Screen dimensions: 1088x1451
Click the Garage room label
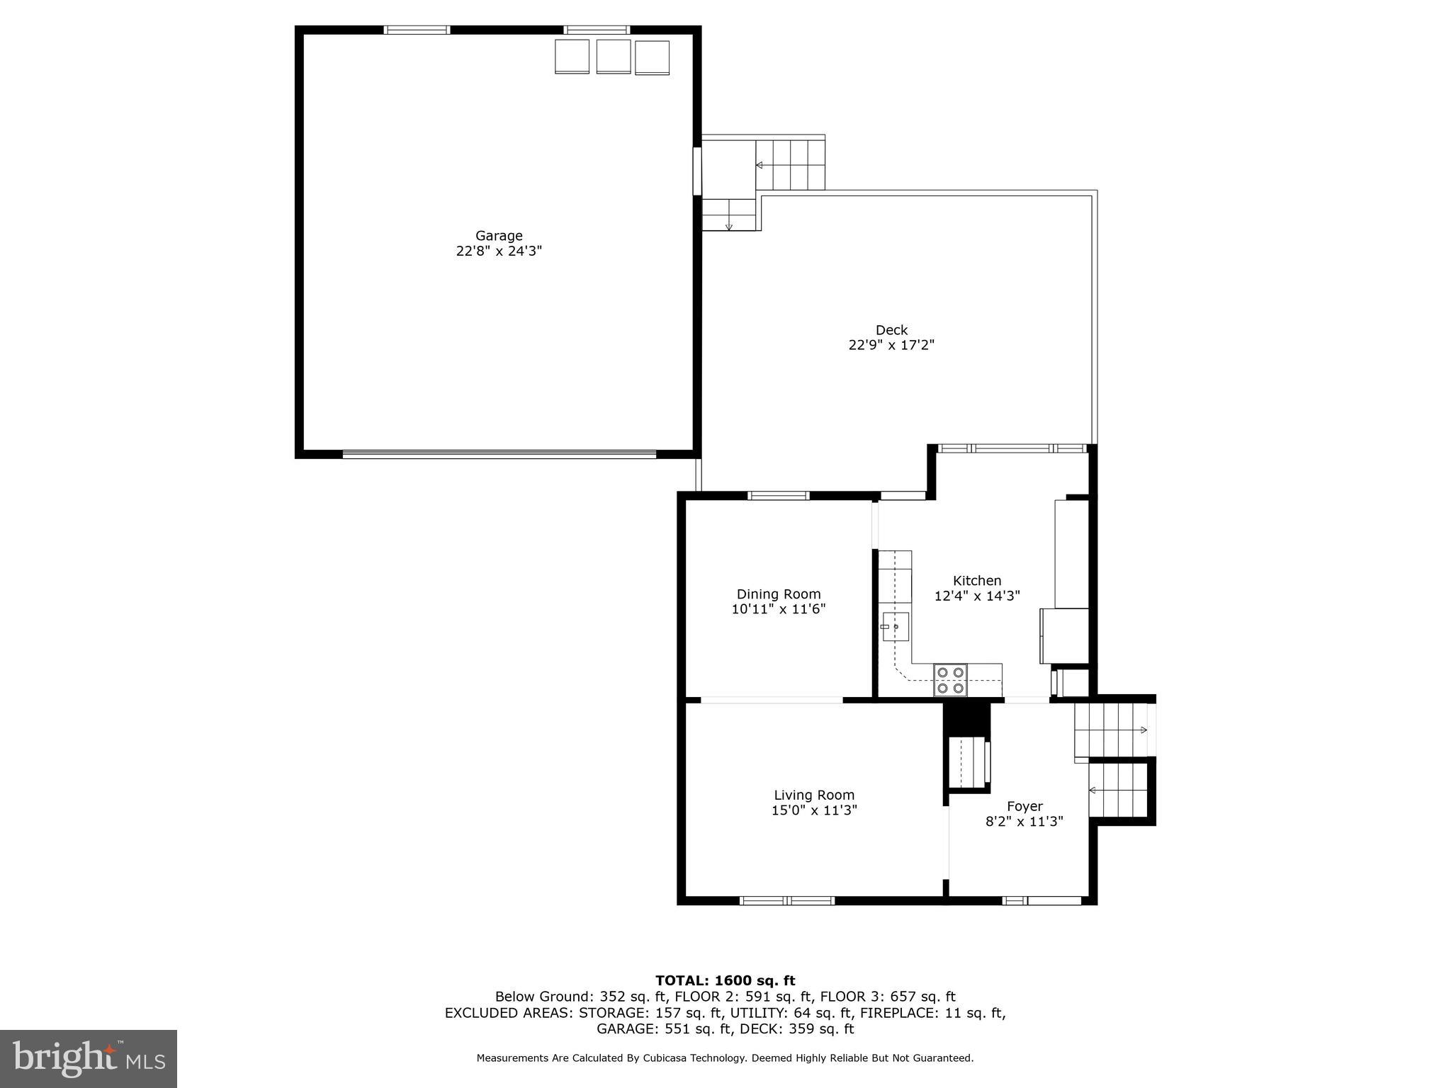coord(499,236)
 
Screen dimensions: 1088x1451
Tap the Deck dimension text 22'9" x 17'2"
coord(891,345)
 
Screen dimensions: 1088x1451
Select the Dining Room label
coord(779,594)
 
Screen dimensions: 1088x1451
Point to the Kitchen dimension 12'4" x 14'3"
coord(977,596)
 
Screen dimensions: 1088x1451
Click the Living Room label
coord(814,795)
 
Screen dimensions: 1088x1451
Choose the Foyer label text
coord(1024,806)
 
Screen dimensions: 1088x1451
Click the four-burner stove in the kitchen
coord(950,680)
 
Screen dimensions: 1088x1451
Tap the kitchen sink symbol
coord(895,627)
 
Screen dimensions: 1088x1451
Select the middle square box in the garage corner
coord(614,56)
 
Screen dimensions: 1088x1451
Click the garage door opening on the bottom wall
coord(499,454)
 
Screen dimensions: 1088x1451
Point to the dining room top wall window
coord(779,495)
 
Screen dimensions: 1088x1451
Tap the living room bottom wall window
coord(787,901)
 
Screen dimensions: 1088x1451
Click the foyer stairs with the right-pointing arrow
coord(1111,730)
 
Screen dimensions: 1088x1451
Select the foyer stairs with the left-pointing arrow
coord(1118,790)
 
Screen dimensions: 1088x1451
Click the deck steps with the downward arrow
coord(728,215)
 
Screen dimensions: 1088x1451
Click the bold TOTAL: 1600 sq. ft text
coord(725,980)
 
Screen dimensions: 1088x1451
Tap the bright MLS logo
coord(89,1059)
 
